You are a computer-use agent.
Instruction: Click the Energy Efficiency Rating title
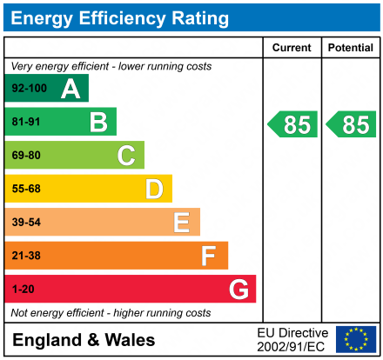click(x=122, y=17)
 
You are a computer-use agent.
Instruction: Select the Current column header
click(x=292, y=48)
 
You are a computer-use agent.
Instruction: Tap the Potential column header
click(x=351, y=48)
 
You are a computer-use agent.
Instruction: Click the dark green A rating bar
click(x=47, y=89)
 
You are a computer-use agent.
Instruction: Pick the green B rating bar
click(x=61, y=122)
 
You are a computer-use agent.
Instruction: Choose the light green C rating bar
click(x=75, y=156)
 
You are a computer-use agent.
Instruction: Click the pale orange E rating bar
click(x=103, y=222)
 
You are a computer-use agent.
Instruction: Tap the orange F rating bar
click(x=117, y=256)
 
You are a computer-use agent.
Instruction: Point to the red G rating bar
click(x=131, y=289)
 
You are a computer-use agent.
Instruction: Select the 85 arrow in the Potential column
click(x=352, y=124)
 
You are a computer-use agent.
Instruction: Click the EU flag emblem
click(x=356, y=339)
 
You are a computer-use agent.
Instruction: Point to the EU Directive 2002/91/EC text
click(x=292, y=339)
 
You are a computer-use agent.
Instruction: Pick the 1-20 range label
click(x=23, y=289)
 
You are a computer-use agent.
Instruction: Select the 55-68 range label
click(x=26, y=189)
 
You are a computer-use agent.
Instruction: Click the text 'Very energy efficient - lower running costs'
click(x=111, y=66)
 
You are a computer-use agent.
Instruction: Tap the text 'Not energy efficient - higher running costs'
click(x=111, y=312)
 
